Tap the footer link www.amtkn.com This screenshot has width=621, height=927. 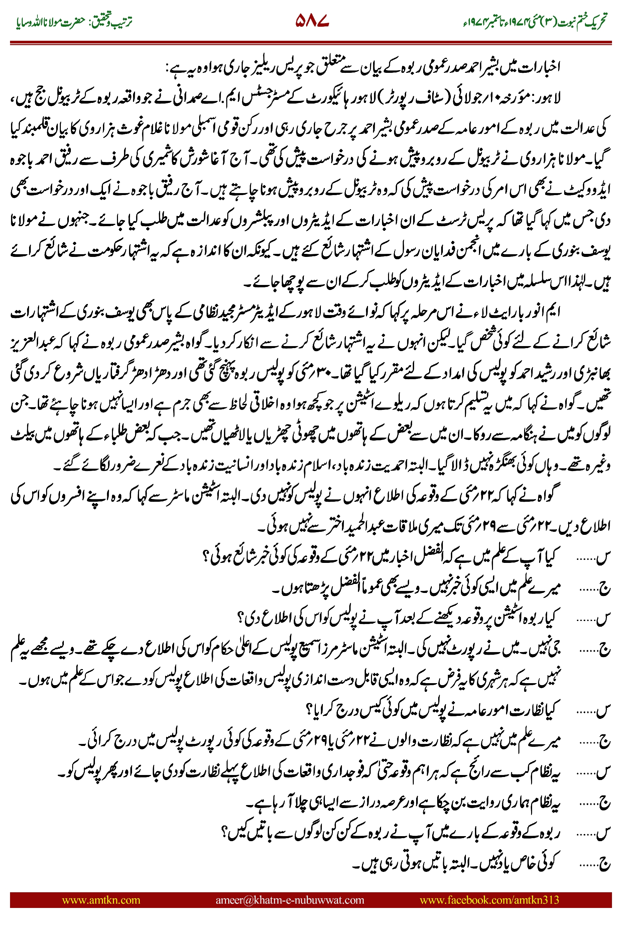tap(101, 900)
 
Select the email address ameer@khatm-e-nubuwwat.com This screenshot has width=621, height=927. tap(289, 900)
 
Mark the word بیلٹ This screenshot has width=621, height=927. tap(23, 435)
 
